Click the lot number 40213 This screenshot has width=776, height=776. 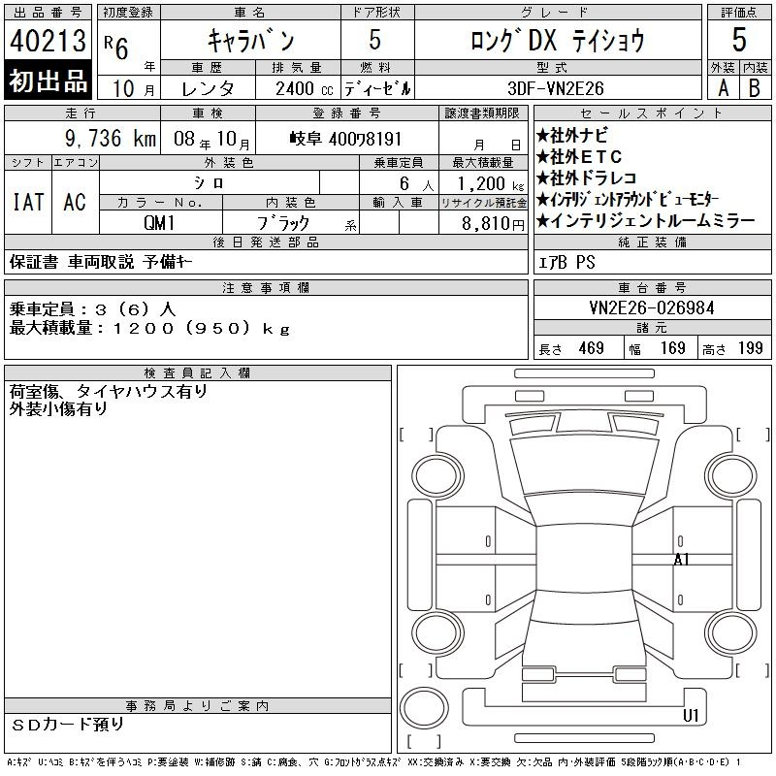pyautogui.click(x=48, y=41)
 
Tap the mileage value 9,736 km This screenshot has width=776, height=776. pyautogui.click(x=111, y=139)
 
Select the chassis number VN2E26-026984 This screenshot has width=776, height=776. pyautogui.click(x=652, y=308)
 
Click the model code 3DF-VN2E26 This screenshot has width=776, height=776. pyautogui.click(x=556, y=88)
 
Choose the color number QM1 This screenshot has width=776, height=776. pyautogui.click(x=159, y=223)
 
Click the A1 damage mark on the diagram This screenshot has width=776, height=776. pyautogui.click(x=682, y=560)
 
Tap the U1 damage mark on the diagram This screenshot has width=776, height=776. pyautogui.click(x=691, y=715)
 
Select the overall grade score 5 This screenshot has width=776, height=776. pyautogui.click(x=739, y=40)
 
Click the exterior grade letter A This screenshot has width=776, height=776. pyautogui.click(x=723, y=88)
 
